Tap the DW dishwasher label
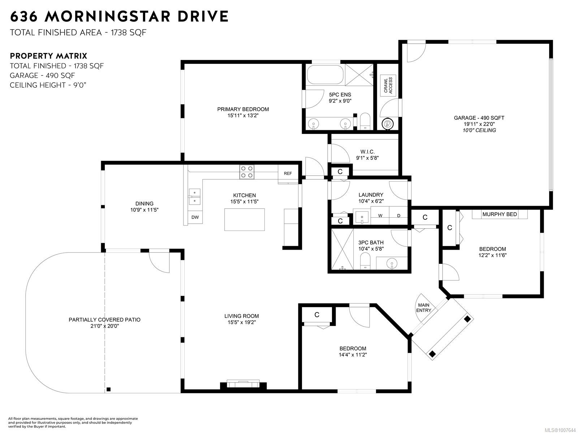pos(195,217)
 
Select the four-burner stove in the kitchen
pos(247,172)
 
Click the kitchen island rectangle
pos(244,219)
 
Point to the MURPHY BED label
pos(500,214)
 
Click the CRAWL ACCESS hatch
pos(388,86)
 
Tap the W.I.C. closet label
pos(367,152)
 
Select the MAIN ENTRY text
pos(423,307)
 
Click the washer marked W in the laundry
pos(380,215)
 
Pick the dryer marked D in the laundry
pos(398,215)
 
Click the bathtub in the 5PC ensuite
pos(325,75)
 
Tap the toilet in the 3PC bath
pos(365,261)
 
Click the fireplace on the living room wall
pos(243,384)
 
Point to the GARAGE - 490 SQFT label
pos(479,118)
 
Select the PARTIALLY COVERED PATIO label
pos(104,320)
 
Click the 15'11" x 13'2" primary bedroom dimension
pos(243,115)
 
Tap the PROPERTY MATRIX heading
pos(48,56)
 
